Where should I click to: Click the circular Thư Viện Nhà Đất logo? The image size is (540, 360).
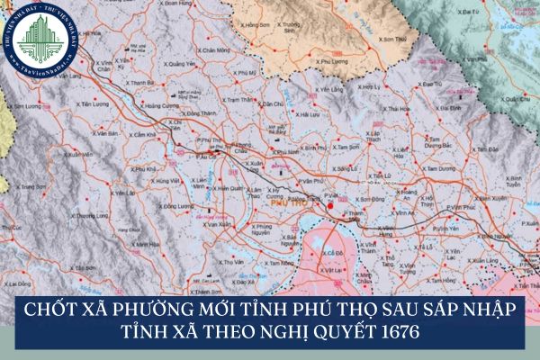click(42, 42)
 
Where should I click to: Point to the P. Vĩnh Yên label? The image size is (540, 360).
click(463, 208)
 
